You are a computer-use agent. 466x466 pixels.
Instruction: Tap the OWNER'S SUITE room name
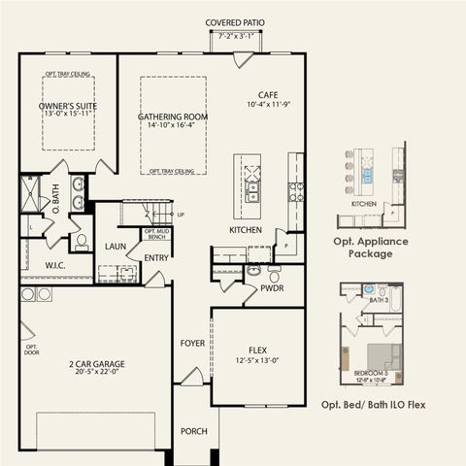pyautogui.click(x=68, y=105)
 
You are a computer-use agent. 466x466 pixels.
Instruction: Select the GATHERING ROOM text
pyautogui.click(x=172, y=116)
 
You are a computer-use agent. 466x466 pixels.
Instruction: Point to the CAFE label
pyautogui.click(x=268, y=94)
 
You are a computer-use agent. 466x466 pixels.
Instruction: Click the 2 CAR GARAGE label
pyautogui.click(x=96, y=365)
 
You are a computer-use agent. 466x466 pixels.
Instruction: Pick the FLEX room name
pyautogui.click(x=257, y=351)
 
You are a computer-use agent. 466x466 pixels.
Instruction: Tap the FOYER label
pyautogui.click(x=192, y=343)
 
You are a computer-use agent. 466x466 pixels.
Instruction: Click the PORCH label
pyautogui.click(x=194, y=431)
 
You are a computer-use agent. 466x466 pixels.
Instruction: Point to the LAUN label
pyautogui.click(x=116, y=247)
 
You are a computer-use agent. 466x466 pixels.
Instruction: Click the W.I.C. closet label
pyautogui.click(x=54, y=264)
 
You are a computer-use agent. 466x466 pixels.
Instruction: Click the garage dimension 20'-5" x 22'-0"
pyautogui.click(x=96, y=375)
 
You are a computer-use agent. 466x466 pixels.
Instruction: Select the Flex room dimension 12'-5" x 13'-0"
pyautogui.click(x=257, y=362)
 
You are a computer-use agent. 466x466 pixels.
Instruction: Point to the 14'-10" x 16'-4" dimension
pyautogui.click(x=172, y=125)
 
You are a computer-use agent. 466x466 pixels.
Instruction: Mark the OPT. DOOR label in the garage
pyautogui.click(x=31, y=349)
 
